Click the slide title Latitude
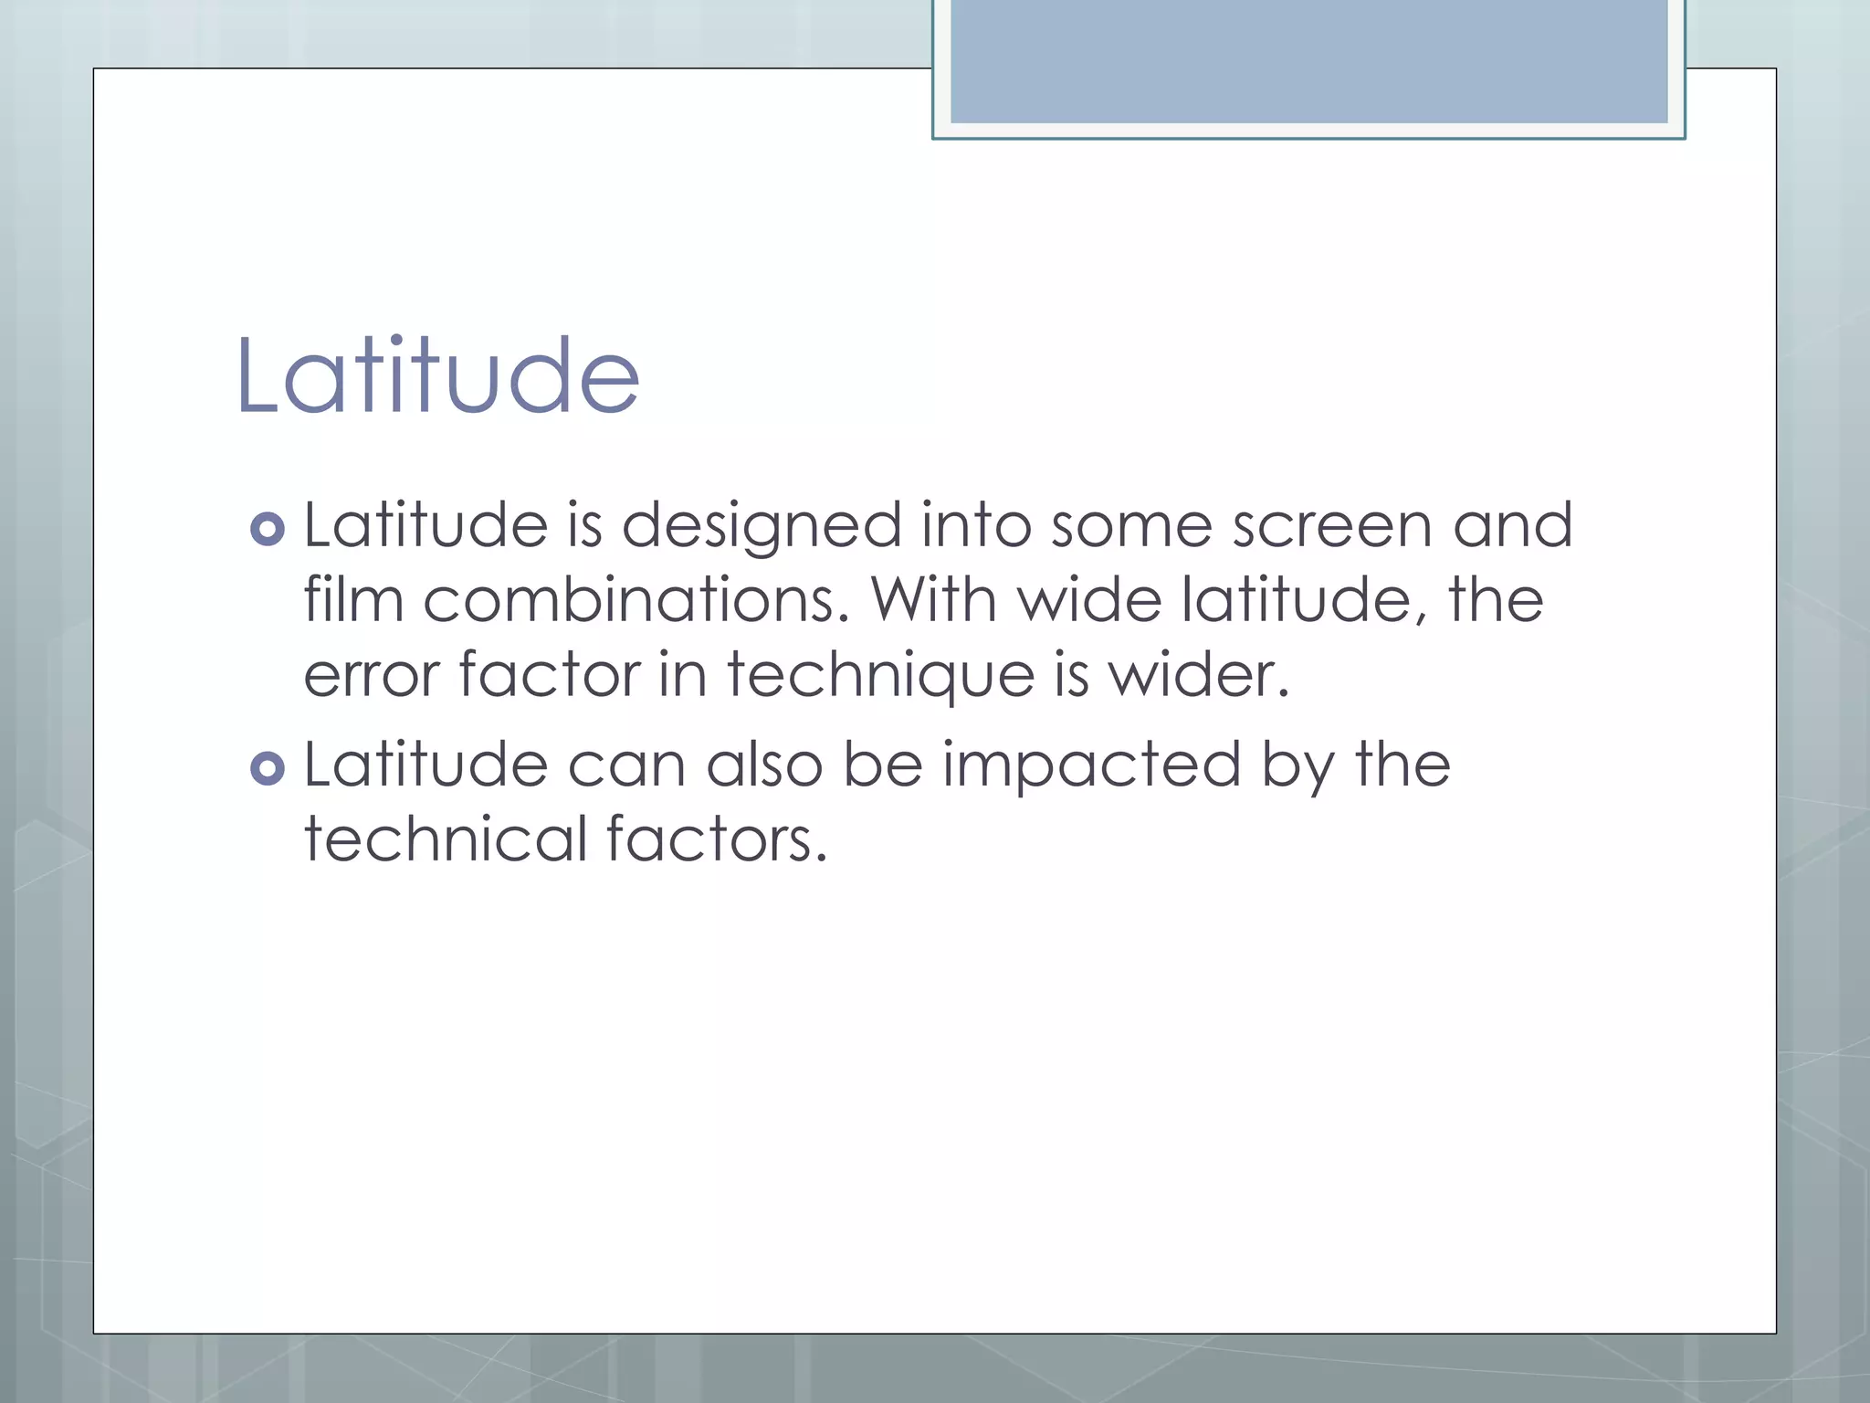(437, 375)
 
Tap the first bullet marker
(268, 529)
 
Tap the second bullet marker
(268, 768)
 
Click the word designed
(762, 527)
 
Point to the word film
(353, 601)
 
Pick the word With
(933, 601)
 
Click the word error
(372, 676)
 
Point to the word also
(764, 765)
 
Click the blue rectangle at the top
(1308, 62)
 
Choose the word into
(975, 527)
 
